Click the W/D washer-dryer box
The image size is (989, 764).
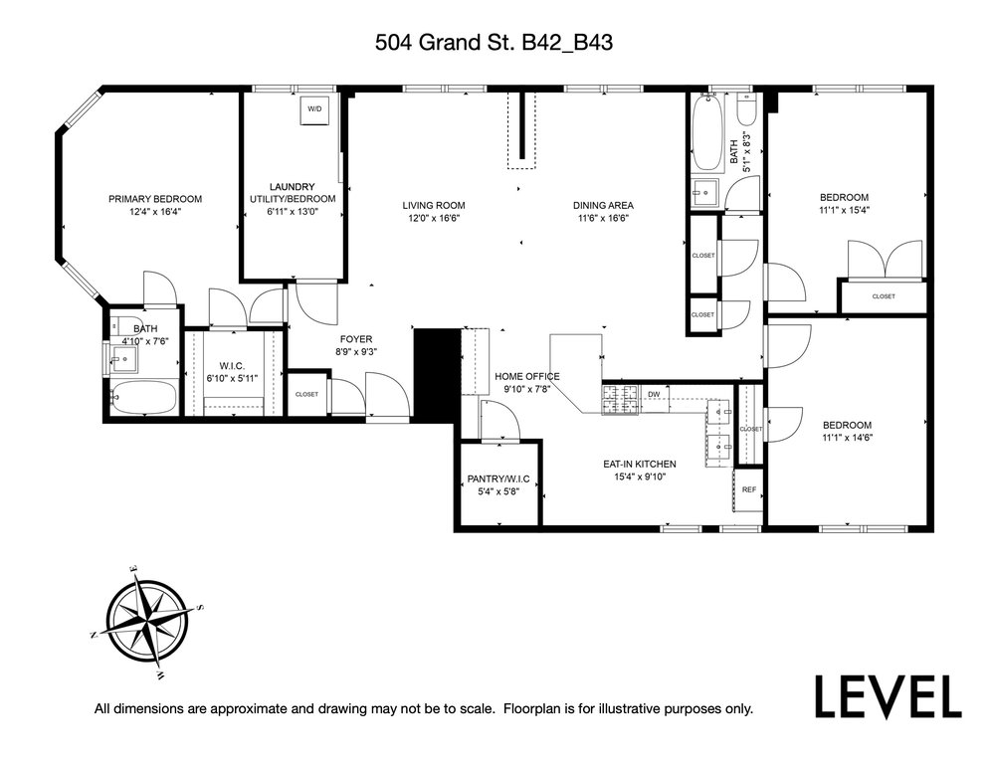click(x=314, y=109)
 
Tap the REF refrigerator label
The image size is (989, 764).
click(x=748, y=489)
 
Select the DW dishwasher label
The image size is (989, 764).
click(x=654, y=395)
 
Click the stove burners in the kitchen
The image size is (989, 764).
click(x=621, y=400)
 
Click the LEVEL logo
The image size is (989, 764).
click(x=889, y=696)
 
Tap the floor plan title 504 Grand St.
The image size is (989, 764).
click(x=494, y=43)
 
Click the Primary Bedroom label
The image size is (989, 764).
click(x=155, y=199)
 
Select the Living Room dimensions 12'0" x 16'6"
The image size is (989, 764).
click(x=434, y=218)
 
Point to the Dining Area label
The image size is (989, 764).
click(x=603, y=205)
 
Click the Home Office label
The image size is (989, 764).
click(x=526, y=377)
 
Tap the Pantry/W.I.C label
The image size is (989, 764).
click(x=498, y=478)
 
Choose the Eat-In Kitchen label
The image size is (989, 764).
click(x=640, y=464)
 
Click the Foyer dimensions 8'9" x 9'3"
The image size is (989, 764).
click(x=356, y=352)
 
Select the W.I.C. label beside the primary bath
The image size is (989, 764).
click(x=232, y=366)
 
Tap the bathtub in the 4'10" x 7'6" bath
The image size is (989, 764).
click(x=143, y=398)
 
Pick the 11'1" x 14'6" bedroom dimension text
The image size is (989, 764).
click(x=847, y=438)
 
